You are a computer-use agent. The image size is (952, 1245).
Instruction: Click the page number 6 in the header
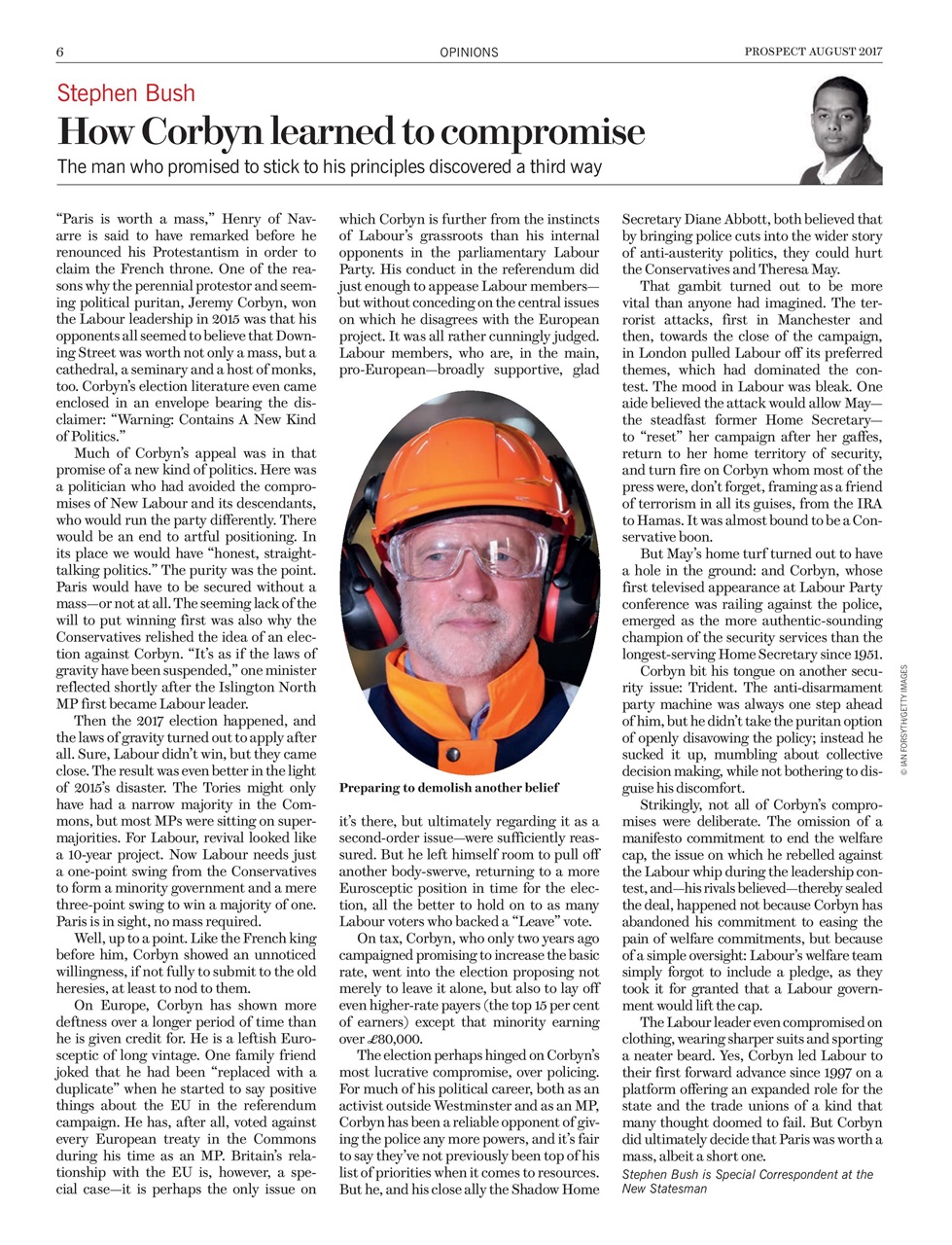pos(60,52)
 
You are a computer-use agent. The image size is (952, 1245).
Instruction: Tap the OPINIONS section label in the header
pos(469,53)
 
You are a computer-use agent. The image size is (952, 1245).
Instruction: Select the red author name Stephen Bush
pos(125,93)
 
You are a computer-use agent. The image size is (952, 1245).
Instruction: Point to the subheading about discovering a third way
pos(330,166)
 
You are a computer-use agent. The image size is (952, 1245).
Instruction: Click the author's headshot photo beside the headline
pos(845,132)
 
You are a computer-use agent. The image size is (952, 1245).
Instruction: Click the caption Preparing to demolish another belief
pos(449,787)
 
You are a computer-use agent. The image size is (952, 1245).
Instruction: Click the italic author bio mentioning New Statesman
pos(747,1181)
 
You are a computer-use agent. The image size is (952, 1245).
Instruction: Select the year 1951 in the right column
pos(864,654)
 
